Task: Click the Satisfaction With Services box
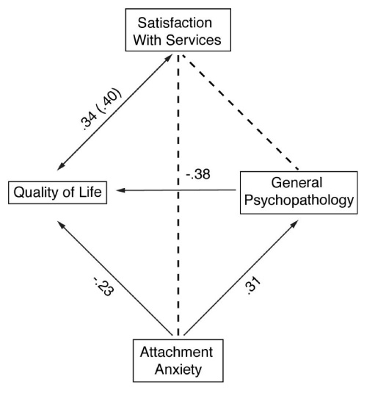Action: click(x=178, y=30)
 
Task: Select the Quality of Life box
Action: click(x=57, y=192)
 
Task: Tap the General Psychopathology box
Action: click(x=299, y=192)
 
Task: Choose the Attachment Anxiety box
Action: click(x=178, y=361)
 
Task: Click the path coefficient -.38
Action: click(x=198, y=174)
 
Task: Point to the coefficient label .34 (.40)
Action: click(x=101, y=109)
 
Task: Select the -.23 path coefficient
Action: click(x=104, y=286)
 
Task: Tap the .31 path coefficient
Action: click(x=252, y=285)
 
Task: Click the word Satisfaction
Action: click(x=175, y=23)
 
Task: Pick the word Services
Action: click(x=194, y=40)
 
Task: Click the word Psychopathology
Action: click(x=299, y=201)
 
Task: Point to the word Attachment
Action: click(x=177, y=352)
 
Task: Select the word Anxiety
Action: click(x=178, y=369)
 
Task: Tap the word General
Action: click(x=297, y=182)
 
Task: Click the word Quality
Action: click(x=36, y=192)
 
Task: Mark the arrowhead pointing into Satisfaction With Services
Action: click(x=168, y=58)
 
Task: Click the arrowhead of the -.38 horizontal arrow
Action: click(x=120, y=190)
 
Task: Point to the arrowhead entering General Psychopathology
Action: click(x=294, y=224)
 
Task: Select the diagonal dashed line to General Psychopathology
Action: click(x=240, y=112)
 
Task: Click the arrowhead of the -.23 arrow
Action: click(x=62, y=225)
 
